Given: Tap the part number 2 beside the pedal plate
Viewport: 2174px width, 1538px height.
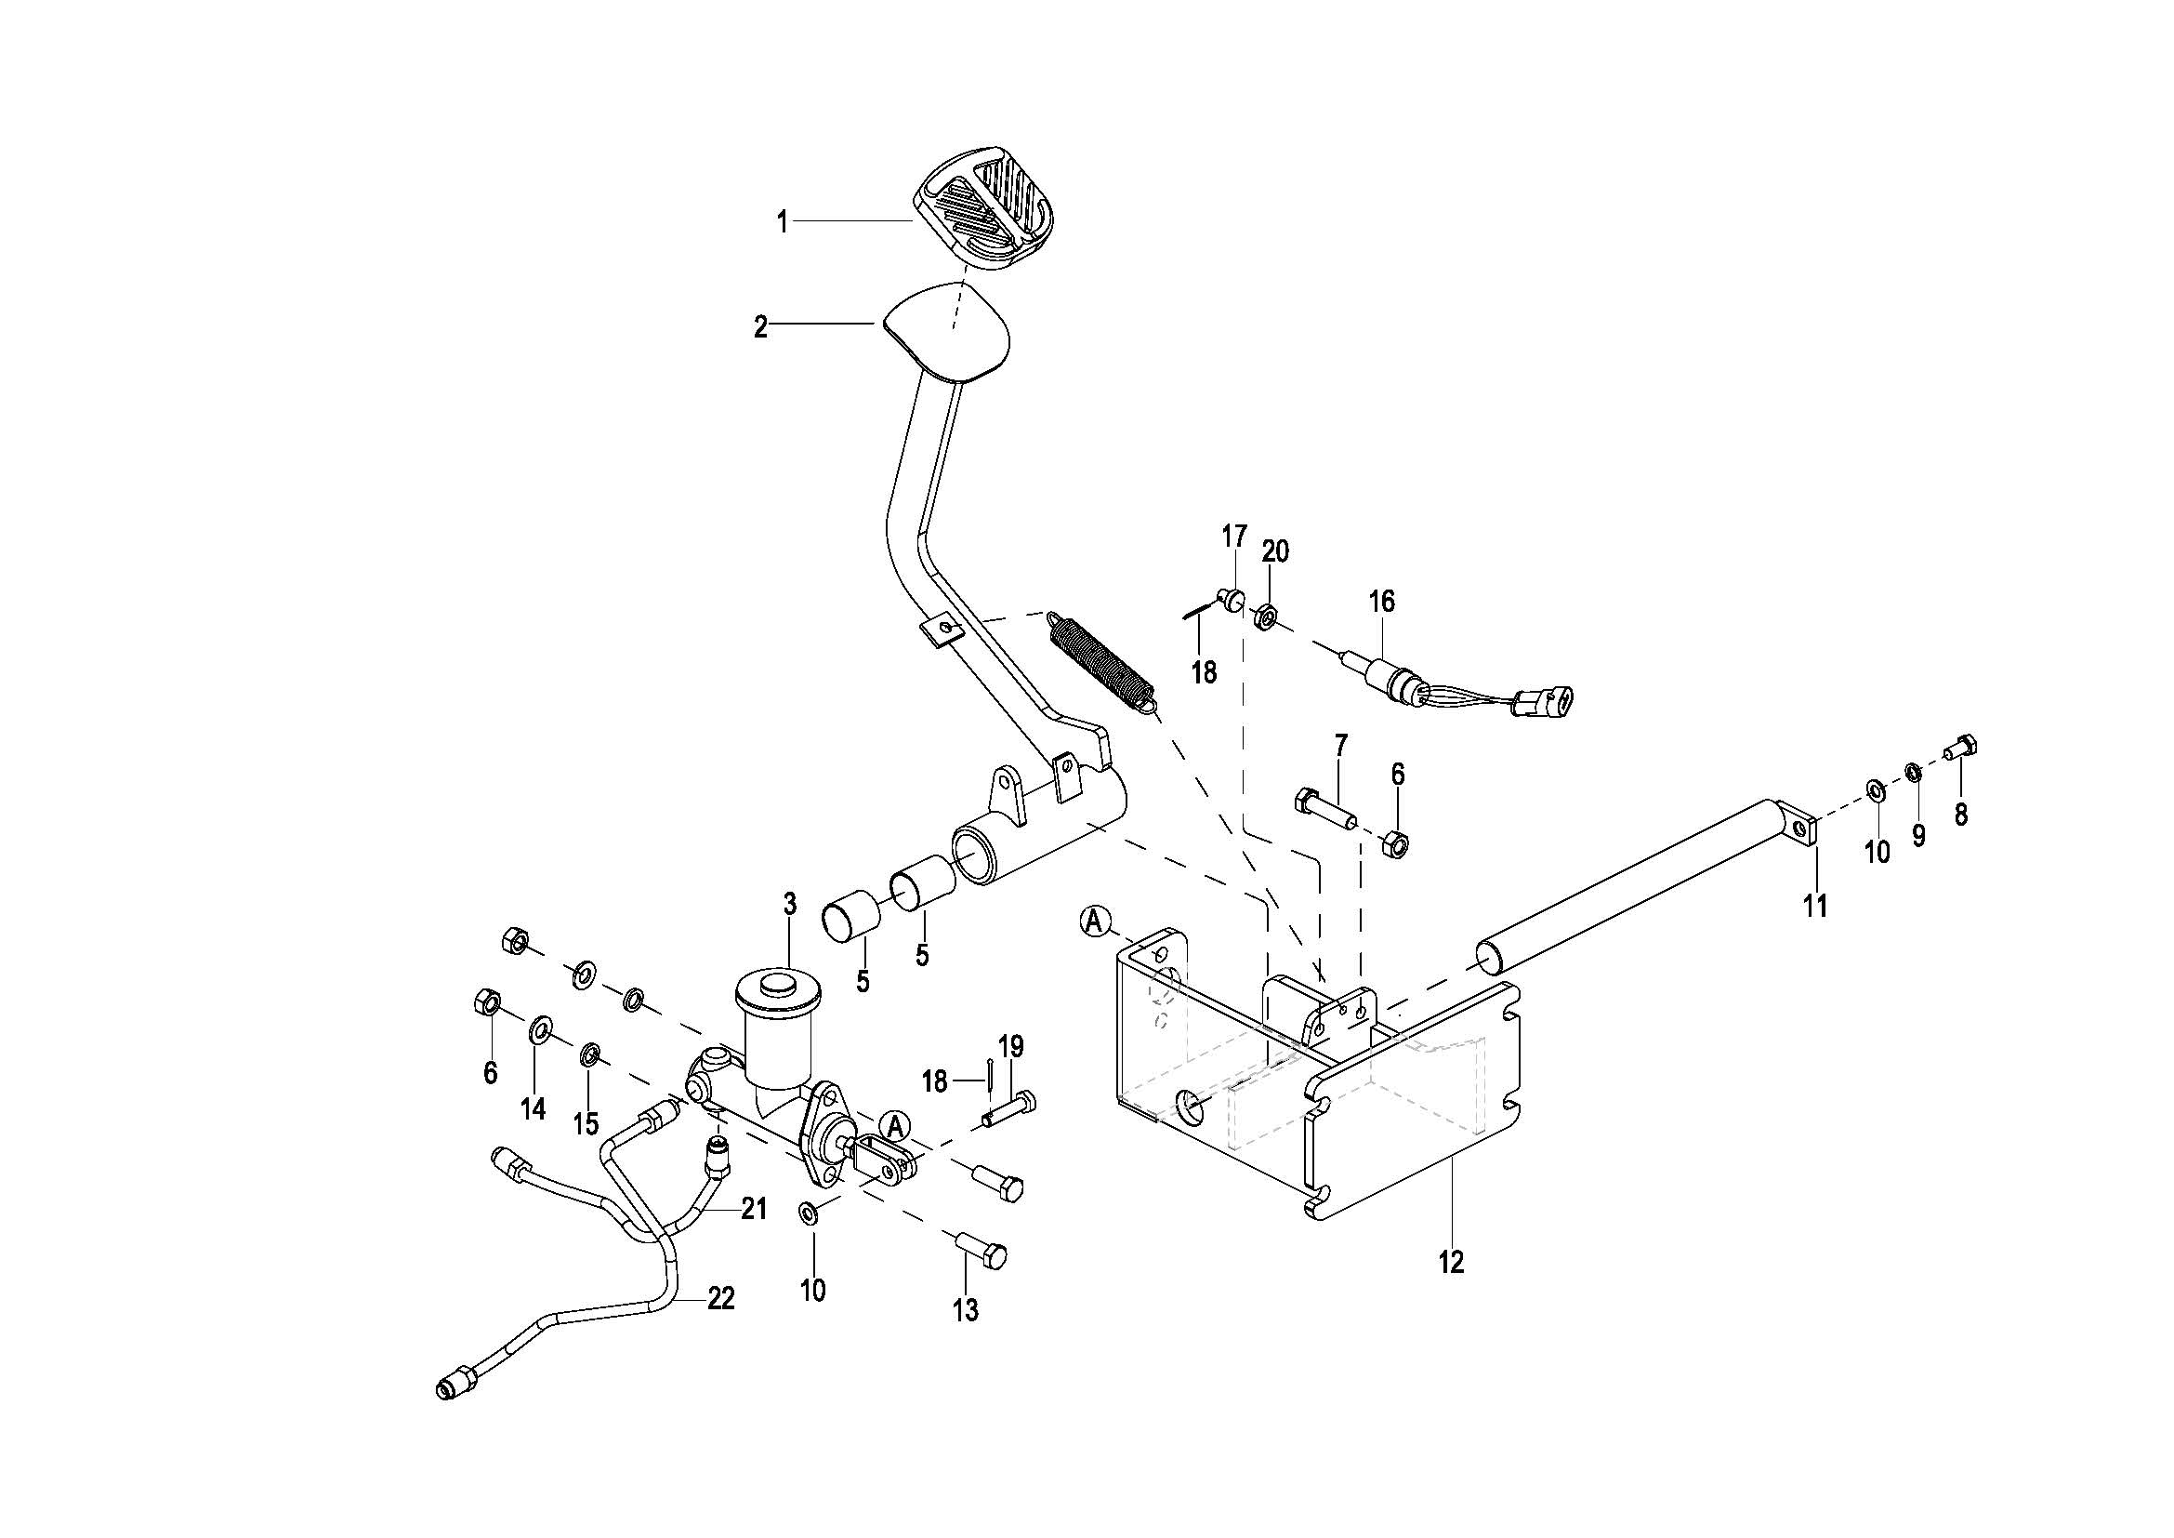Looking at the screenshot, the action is [760, 327].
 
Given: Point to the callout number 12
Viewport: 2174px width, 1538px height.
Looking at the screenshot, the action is [1451, 1262].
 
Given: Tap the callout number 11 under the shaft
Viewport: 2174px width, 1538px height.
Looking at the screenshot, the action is [1815, 907].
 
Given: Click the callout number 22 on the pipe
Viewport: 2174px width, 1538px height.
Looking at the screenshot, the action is [721, 1298].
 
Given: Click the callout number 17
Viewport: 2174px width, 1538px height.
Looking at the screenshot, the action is [1234, 537].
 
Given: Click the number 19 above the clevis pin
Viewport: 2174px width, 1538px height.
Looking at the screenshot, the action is [1010, 1046].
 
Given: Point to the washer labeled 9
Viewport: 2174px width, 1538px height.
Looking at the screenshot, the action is [1912, 773].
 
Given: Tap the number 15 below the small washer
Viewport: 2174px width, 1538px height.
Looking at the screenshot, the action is [586, 1123].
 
